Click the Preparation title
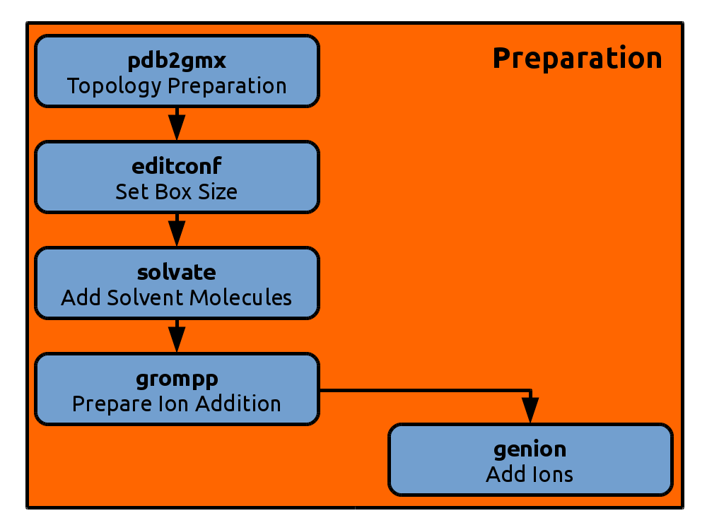click(578, 59)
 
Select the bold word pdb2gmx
click(177, 60)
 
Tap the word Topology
click(114, 86)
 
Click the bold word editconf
click(177, 166)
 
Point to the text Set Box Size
click(176, 192)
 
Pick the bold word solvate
click(177, 272)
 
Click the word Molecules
click(241, 298)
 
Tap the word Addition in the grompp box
click(238, 404)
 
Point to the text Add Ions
click(530, 475)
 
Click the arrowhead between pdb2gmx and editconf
click(177, 127)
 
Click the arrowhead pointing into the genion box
click(530, 410)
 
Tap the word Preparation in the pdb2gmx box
click(227, 86)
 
